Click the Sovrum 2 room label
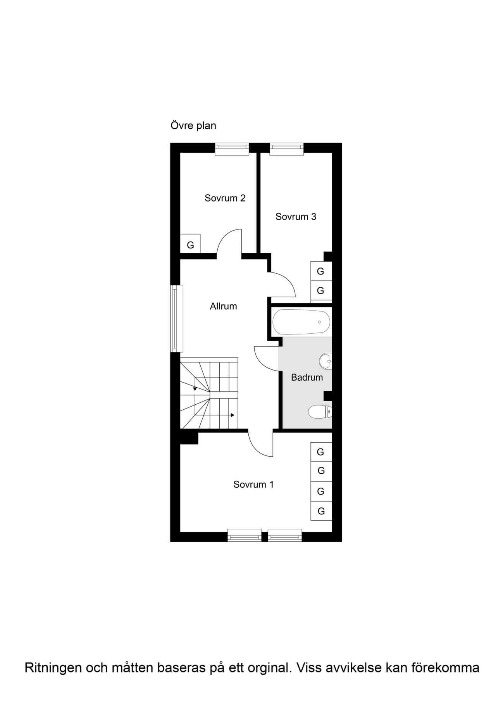coord(225,198)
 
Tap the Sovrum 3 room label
coord(296,217)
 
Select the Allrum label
coord(223,306)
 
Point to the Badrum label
coord(307,377)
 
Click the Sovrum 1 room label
coord(253,485)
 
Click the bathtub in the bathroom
coord(301,322)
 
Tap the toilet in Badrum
coord(320,412)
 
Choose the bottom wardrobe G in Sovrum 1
coord(321,511)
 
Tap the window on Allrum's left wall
coord(177,319)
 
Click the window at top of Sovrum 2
coord(232,149)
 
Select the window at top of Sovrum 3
coord(287,149)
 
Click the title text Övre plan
coord(193,126)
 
